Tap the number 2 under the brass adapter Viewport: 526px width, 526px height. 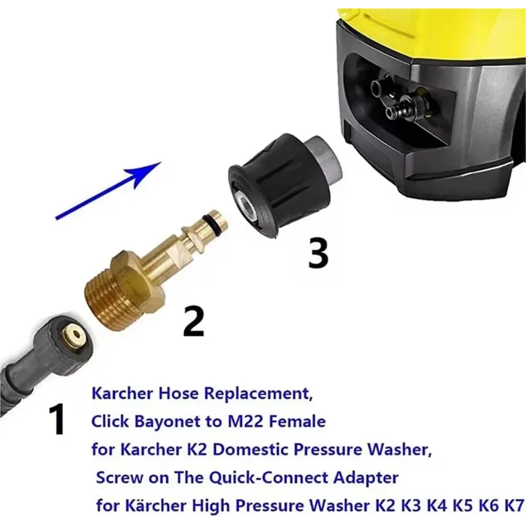(193, 321)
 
